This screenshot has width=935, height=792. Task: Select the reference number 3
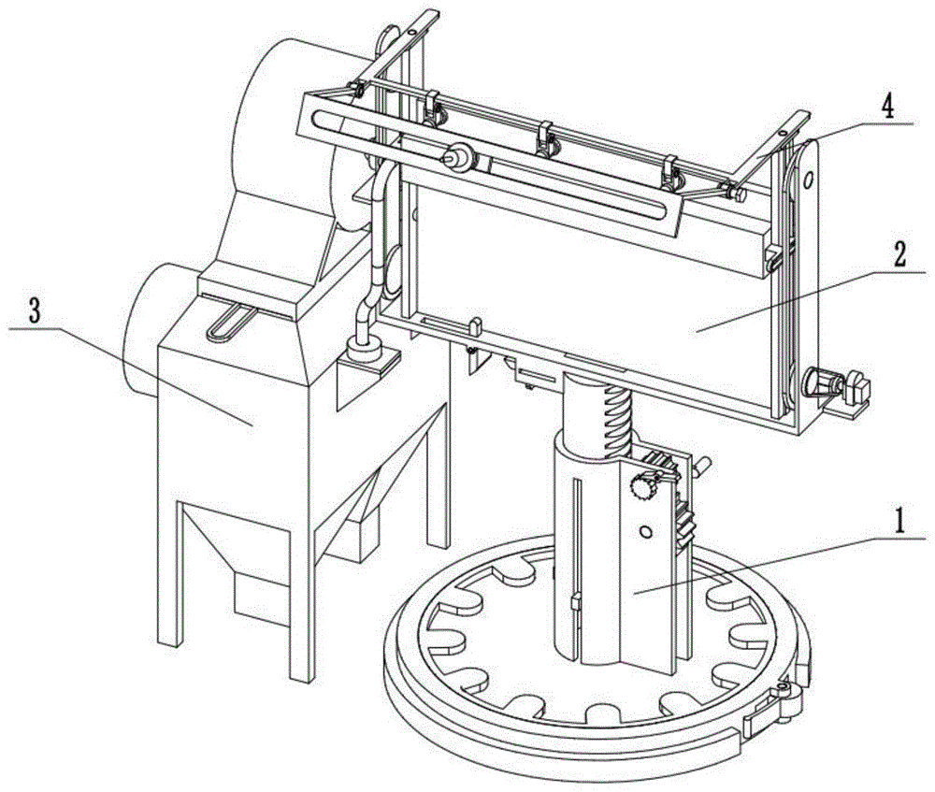click(x=35, y=313)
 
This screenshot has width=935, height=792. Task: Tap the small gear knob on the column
click(x=642, y=486)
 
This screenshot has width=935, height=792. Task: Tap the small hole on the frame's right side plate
click(x=813, y=178)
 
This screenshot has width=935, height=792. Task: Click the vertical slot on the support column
click(x=577, y=542)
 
